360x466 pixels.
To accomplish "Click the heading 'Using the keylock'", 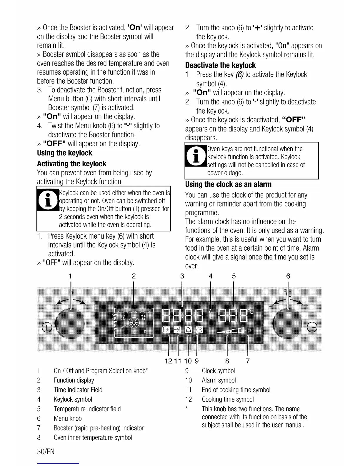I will point(64,153).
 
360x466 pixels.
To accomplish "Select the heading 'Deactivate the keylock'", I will point(220,65).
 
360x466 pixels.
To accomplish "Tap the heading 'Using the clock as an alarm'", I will point(228,184).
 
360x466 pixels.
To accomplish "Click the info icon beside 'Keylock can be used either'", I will point(48,199).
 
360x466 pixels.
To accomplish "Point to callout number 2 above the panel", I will point(134,276).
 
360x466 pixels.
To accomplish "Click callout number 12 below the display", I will point(169,361).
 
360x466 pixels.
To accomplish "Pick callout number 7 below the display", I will point(248,361).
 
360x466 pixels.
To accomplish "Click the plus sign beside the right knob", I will point(306,306).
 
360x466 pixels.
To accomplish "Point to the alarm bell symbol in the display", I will point(188,330).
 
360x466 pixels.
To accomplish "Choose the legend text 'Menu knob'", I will point(68,418).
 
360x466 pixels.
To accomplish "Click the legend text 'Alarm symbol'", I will point(219,380).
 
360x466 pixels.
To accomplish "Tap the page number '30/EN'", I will point(46,452).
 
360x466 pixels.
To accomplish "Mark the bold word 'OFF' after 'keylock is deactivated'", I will point(294,120).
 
